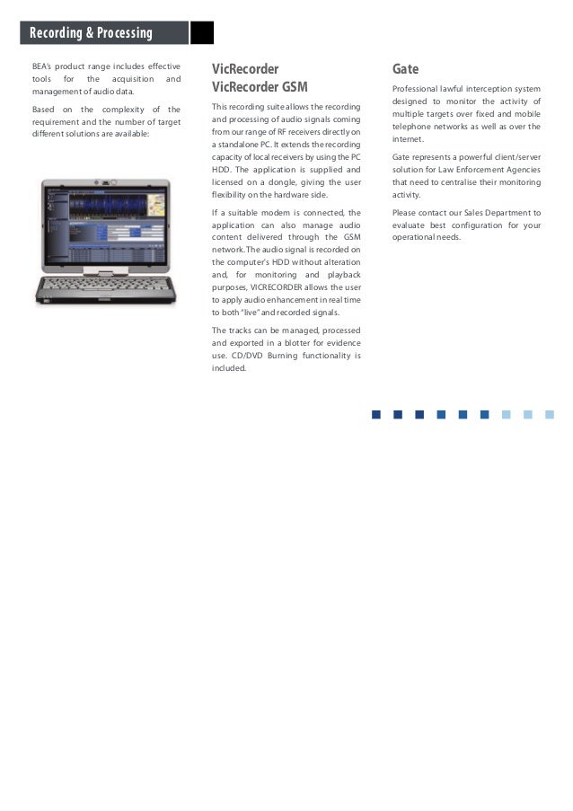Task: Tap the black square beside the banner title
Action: point(203,33)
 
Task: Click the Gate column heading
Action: point(405,69)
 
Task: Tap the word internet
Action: point(408,139)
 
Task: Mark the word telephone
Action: point(413,127)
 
